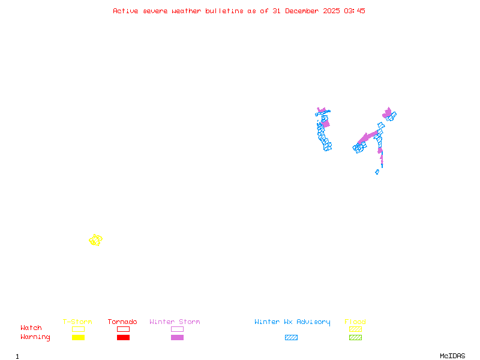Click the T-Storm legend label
point(77,322)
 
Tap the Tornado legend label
point(122,322)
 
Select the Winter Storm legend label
point(175,322)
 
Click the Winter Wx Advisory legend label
point(292,322)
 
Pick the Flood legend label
point(355,322)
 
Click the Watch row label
point(31,328)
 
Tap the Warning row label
point(35,337)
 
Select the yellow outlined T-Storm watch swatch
point(78,329)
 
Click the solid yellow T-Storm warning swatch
point(78,337)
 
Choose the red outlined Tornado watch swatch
point(123,329)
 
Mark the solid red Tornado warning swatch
point(123,337)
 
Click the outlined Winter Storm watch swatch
point(177,329)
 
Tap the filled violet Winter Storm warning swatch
point(177,337)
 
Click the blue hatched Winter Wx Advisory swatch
point(291,337)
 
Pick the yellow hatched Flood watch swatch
point(355,329)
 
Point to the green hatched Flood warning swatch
point(355,337)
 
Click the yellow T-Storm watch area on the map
point(95,240)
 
